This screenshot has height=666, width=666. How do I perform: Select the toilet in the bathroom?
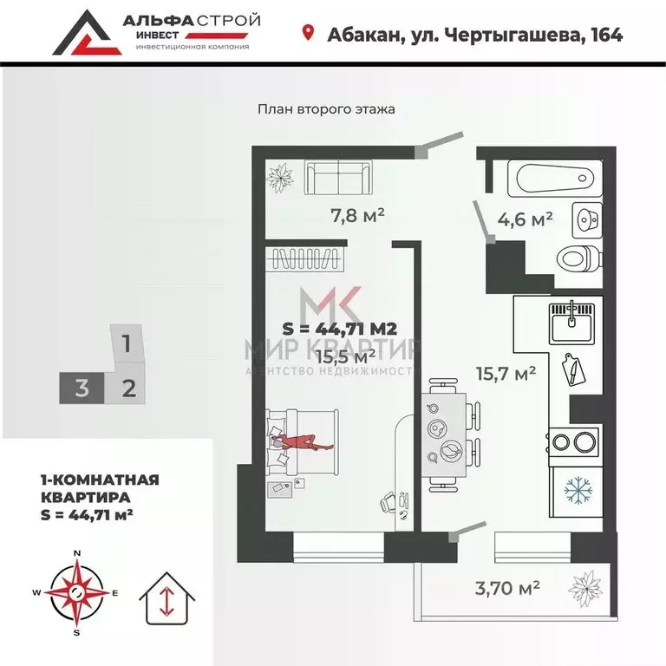578,257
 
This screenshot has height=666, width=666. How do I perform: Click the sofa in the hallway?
339,179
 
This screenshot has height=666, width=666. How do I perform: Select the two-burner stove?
571,442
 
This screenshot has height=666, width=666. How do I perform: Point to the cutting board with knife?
575,369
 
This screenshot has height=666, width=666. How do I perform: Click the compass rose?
77,593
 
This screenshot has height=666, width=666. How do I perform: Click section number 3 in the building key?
82,387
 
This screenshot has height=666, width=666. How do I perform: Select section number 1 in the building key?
127,343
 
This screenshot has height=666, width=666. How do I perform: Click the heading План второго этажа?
326,109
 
